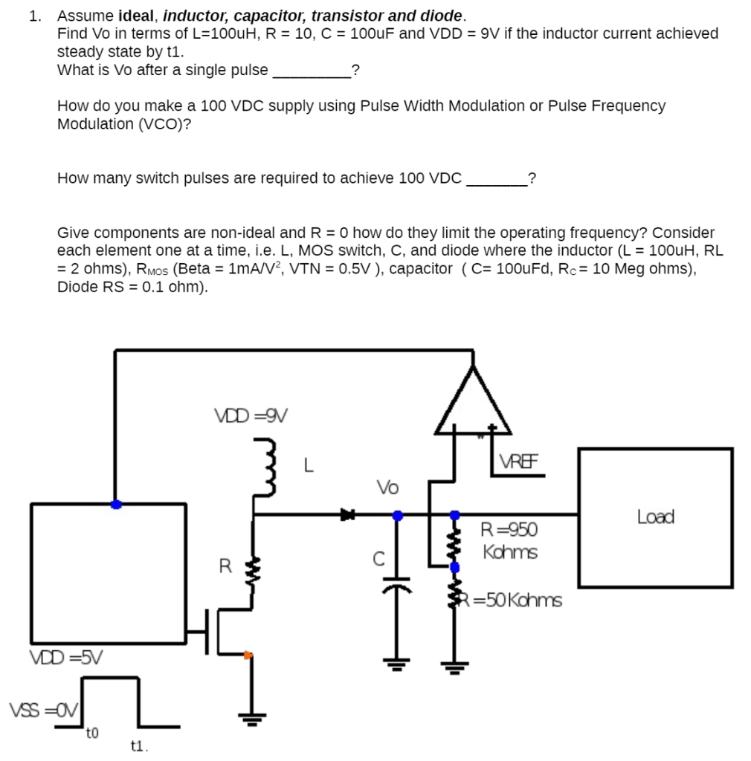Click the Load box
click(x=655, y=517)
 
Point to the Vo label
click(x=387, y=488)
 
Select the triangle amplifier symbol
click(x=473, y=405)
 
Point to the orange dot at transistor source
click(x=248, y=655)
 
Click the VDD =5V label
click(x=66, y=657)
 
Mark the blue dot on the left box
click(x=115, y=504)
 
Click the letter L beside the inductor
click(x=309, y=467)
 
